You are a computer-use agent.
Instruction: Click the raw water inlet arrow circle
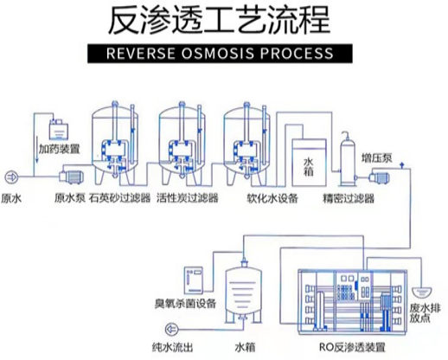[x=11, y=177]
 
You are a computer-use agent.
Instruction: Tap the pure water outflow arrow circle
[x=172, y=329]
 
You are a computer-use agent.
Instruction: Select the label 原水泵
[x=70, y=198]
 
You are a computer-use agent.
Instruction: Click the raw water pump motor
[x=72, y=177]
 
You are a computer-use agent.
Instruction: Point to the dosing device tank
[x=59, y=132]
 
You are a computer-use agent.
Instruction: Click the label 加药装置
[x=60, y=149]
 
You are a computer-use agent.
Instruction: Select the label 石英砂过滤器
[x=120, y=198]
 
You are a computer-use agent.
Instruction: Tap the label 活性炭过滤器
[x=188, y=198]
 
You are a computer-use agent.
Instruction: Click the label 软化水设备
[x=272, y=198]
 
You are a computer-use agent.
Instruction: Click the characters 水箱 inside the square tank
[x=309, y=167]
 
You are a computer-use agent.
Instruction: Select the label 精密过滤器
[x=349, y=198]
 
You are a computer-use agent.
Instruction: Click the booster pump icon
[x=378, y=177]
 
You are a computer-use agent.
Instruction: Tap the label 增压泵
[x=377, y=158]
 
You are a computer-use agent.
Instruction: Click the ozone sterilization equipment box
[x=194, y=280]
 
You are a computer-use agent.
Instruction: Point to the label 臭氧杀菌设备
[x=185, y=304]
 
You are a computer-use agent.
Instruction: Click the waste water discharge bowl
[x=422, y=292]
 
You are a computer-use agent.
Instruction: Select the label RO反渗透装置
[x=352, y=347]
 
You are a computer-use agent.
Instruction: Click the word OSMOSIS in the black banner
[x=218, y=54]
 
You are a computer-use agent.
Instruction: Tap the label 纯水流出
[x=172, y=347]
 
